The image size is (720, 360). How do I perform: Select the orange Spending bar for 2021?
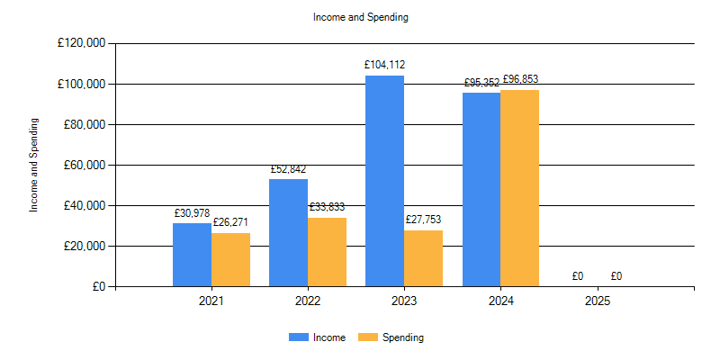point(230,260)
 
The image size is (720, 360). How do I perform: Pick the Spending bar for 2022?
point(327,252)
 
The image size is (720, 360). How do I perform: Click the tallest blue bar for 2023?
point(384,181)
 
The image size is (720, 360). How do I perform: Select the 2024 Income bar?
point(481,190)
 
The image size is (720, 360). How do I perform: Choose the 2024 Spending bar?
point(519,188)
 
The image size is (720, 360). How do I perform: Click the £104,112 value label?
point(384,65)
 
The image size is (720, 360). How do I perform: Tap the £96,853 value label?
point(520,79)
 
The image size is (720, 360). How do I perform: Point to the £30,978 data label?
point(192,212)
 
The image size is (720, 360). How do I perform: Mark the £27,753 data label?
point(423,220)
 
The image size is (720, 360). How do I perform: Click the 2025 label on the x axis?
point(597,301)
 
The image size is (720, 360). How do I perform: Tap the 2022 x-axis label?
point(308,301)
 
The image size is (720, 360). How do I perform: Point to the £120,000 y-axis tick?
point(81,43)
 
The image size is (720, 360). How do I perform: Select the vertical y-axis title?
point(34,165)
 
